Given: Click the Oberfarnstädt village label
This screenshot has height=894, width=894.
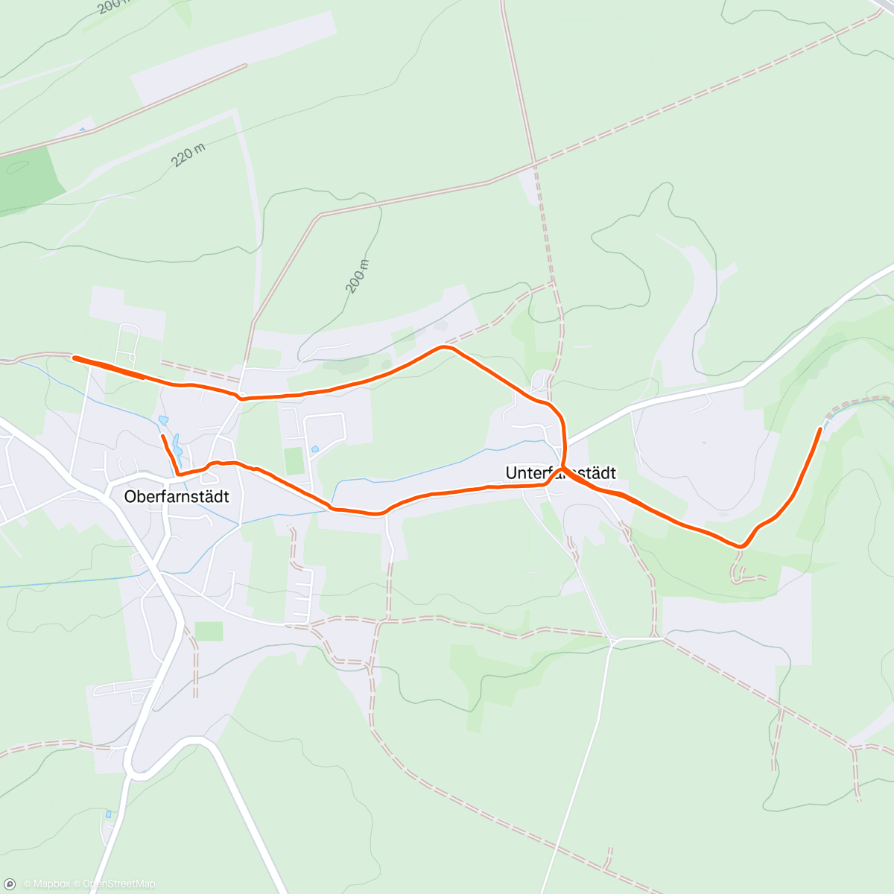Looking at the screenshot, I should (x=177, y=497).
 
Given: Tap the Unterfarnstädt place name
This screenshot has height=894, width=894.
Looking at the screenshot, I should (x=560, y=474).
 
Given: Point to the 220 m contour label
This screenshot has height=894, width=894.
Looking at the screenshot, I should (x=188, y=155).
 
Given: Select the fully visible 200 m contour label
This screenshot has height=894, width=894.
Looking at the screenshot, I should (x=358, y=276).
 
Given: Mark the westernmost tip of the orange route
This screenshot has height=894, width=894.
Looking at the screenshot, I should (x=74, y=358).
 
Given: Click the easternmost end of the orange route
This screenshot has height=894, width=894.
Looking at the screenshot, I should (x=821, y=429).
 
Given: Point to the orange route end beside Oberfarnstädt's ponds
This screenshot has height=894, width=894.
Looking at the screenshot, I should (x=162, y=435).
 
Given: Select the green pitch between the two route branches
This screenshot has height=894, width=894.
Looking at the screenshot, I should (x=295, y=460).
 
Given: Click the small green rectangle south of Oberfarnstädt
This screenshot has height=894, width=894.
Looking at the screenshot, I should (x=209, y=631).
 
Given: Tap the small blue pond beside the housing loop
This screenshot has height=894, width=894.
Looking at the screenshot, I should (x=316, y=449).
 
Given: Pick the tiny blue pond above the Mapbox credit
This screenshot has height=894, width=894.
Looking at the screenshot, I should (x=109, y=814).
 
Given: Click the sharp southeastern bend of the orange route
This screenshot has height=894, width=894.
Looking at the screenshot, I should (x=741, y=546).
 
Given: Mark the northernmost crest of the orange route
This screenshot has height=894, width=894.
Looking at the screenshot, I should (x=445, y=347).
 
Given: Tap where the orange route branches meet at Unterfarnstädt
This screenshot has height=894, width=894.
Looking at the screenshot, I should (x=562, y=469).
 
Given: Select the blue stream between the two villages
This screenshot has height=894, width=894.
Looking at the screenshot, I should (x=447, y=461).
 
